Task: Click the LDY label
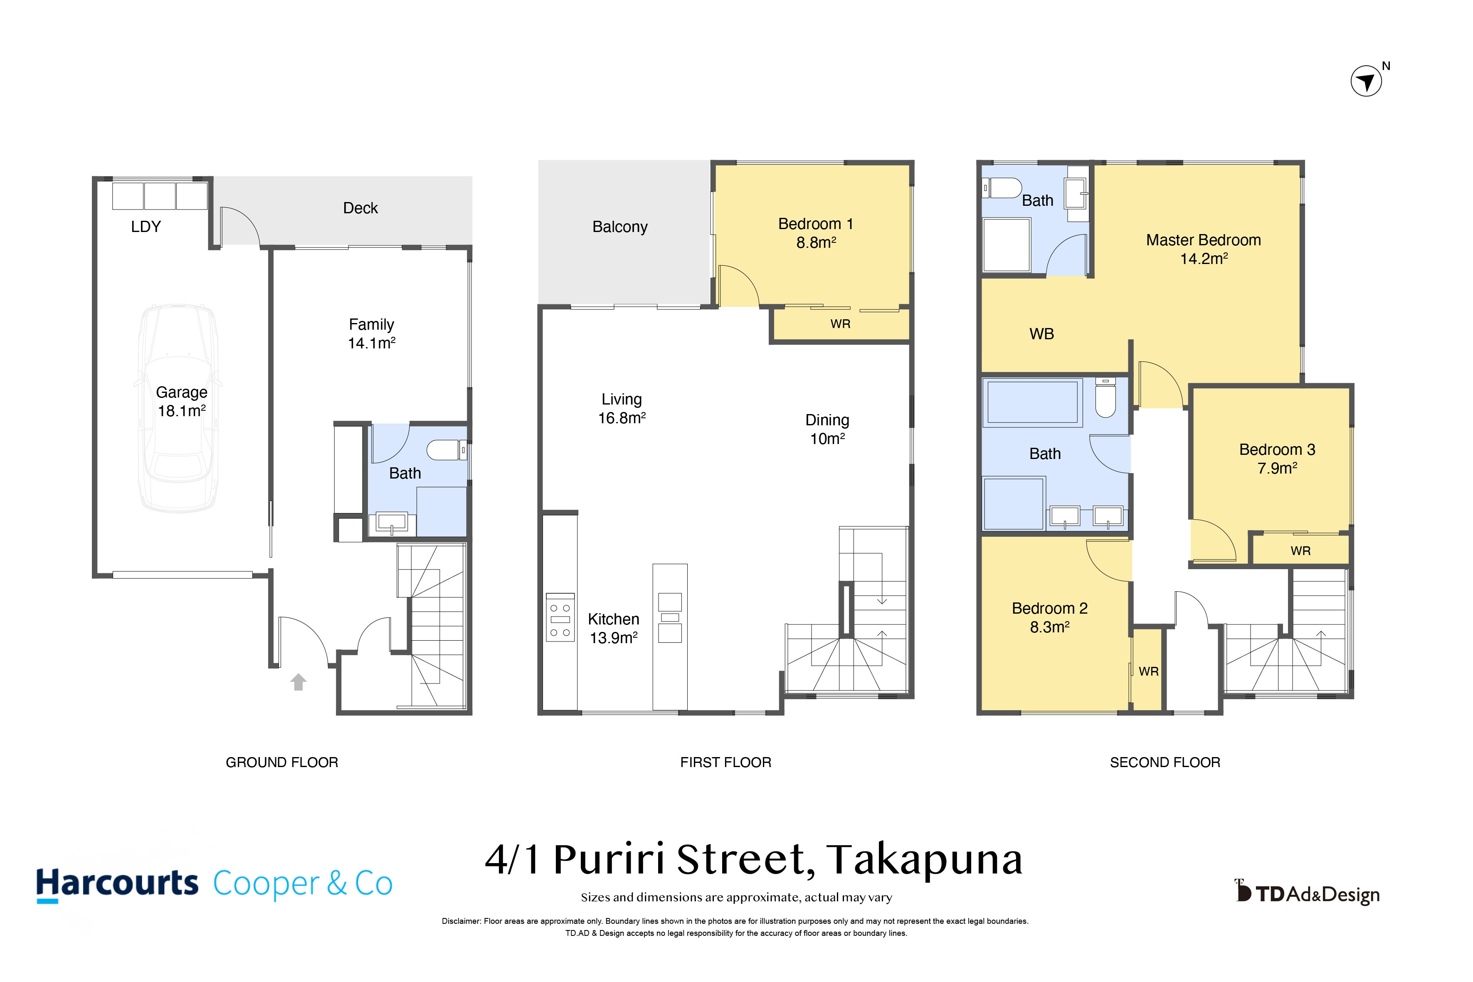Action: click(146, 227)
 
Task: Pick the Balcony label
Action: click(620, 227)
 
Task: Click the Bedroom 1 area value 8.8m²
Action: click(816, 242)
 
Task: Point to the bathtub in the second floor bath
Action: click(1033, 402)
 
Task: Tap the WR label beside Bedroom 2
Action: click(1149, 671)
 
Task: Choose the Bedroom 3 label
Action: click(1277, 450)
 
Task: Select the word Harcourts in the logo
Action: click(117, 883)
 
